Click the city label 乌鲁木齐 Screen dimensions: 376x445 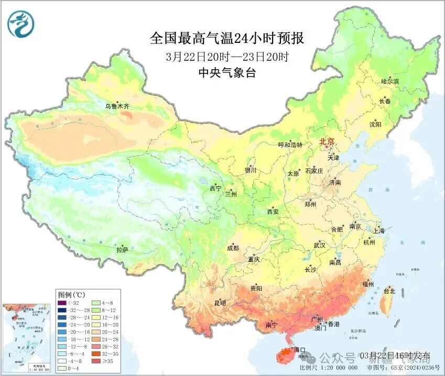click(116, 106)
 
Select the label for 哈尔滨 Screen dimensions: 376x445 click(390, 82)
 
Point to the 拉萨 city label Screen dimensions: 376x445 click(122, 250)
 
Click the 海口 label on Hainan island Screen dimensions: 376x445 click(299, 349)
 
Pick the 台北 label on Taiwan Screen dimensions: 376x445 click(389, 291)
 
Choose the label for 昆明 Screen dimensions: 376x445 click(220, 303)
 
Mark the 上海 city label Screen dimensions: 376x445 click(378, 230)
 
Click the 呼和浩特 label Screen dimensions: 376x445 click(290, 145)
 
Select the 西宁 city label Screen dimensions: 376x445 click(215, 188)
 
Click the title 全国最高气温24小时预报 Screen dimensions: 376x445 click(226, 38)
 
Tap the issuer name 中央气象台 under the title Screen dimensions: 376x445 click(227, 73)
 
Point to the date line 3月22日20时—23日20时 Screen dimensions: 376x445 click(227, 56)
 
